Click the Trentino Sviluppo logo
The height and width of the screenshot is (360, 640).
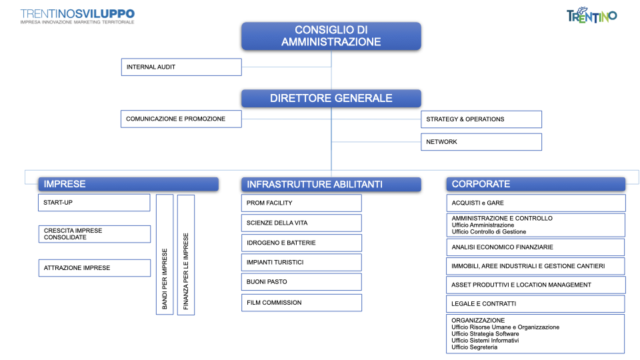click(77, 16)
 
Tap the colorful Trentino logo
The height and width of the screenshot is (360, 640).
click(591, 15)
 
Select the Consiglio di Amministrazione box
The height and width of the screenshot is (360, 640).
click(331, 36)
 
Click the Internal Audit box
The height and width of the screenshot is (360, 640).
click(181, 67)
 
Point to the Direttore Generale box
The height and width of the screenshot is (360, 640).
click(331, 99)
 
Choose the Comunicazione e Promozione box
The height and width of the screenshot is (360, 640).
click(181, 119)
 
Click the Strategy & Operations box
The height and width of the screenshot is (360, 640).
click(481, 119)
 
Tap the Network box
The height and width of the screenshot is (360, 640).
click(481, 142)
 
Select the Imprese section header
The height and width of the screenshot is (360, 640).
click(128, 184)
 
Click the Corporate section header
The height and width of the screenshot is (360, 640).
click(535, 184)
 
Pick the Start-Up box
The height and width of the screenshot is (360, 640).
click(94, 203)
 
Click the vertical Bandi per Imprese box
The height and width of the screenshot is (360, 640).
click(165, 254)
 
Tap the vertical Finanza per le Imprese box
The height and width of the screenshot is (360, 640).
click(186, 255)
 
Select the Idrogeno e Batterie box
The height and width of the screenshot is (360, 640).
click(301, 243)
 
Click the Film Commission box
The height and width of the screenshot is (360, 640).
click(301, 303)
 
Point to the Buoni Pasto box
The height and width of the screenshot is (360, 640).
click(301, 281)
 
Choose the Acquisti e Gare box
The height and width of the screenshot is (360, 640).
click(535, 203)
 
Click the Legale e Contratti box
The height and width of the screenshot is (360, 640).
click(535, 304)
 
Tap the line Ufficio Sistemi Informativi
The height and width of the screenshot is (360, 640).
click(485, 341)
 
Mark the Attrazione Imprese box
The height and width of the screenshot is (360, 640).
click(94, 268)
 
